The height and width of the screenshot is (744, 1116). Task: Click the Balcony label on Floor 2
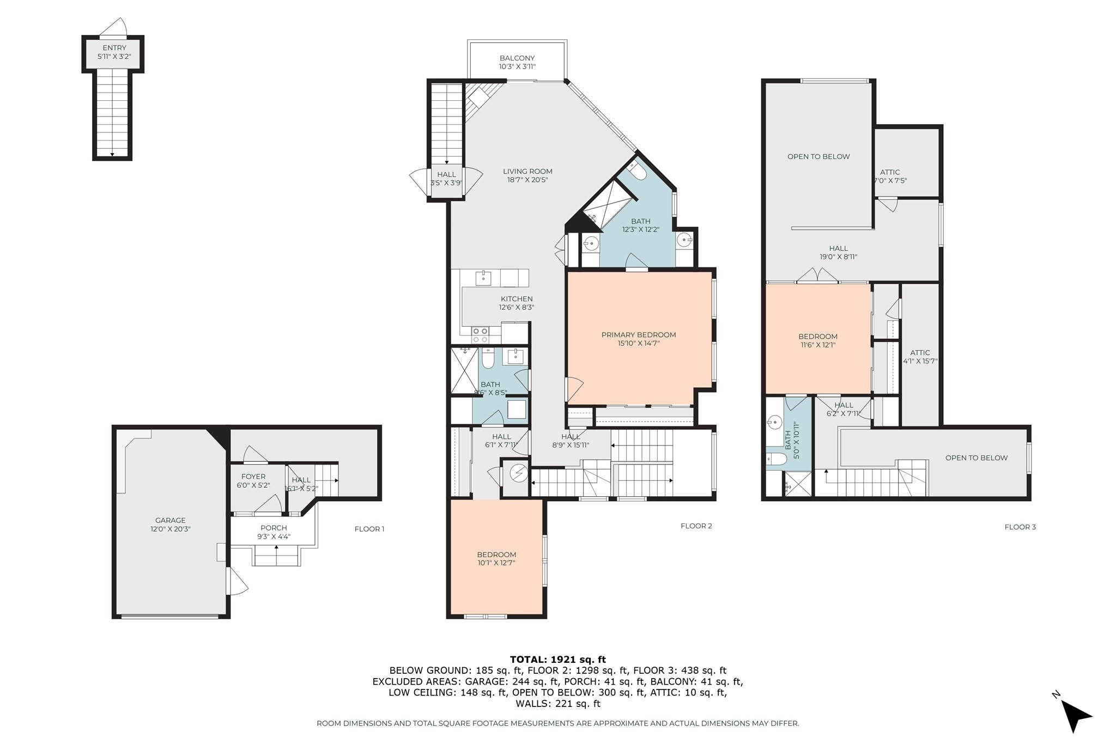pyautogui.click(x=517, y=62)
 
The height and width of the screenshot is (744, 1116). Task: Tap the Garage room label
pyautogui.click(x=170, y=524)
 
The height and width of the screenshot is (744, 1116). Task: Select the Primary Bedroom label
pyautogui.click(x=639, y=339)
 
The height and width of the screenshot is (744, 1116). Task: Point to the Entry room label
pyautogui.click(x=114, y=52)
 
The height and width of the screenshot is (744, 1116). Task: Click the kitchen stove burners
pyautogui.click(x=480, y=334)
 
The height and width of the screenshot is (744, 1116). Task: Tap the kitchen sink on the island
pyautogui.click(x=483, y=278)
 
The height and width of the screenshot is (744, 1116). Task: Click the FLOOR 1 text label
pyautogui.click(x=369, y=529)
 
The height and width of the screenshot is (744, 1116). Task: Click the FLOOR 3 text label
pyautogui.click(x=1020, y=527)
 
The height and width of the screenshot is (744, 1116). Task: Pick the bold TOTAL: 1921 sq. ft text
pyautogui.click(x=557, y=660)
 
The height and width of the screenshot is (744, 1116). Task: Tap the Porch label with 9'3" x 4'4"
pyautogui.click(x=274, y=532)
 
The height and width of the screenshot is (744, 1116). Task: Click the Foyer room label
pyautogui.click(x=253, y=480)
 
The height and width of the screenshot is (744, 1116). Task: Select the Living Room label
pyautogui.click(x=527, y=175)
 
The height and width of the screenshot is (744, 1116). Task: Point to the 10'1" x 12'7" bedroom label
pyautogui.click(x=496, y=558)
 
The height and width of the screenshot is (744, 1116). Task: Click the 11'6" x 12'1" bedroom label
pyautogui.click(x=818, y=340)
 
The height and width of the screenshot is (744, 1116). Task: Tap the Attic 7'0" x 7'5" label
pyautogui.click(x=890, y=176)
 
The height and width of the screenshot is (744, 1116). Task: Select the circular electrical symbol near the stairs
pyautogui.click(x=519, y=473)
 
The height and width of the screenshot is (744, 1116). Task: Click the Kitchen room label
pyautogui.click(x=517, y=303)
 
